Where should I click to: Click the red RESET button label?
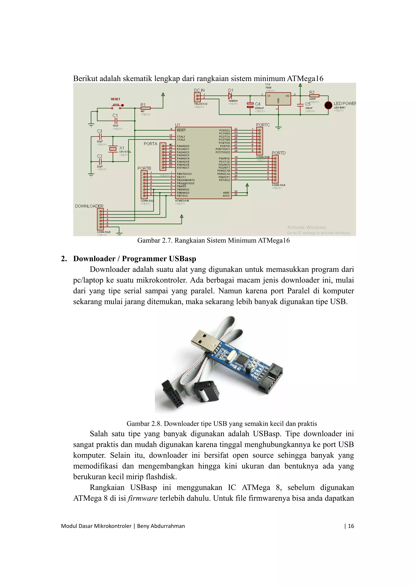pyautogui.click(x=115, y=99)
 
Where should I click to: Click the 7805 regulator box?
pyautogui.click(x=278, y=99)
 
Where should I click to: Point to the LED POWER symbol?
pyautogui.click(x=328, y=105)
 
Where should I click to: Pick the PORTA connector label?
pyautogui.click(x=150, y=144)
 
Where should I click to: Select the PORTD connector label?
pyautogui.click(x=278, y=153)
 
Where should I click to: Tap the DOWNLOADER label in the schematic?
pyautogui.click(x=89, y=206)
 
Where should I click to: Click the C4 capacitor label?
pyautogui.click(x=258, y=104)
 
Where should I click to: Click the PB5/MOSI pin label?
pyautogui.click(x=183, y=189)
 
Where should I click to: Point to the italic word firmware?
pyautogui.click(x=142, y=498)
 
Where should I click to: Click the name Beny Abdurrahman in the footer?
pyautogui.click(x=161, y=526)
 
